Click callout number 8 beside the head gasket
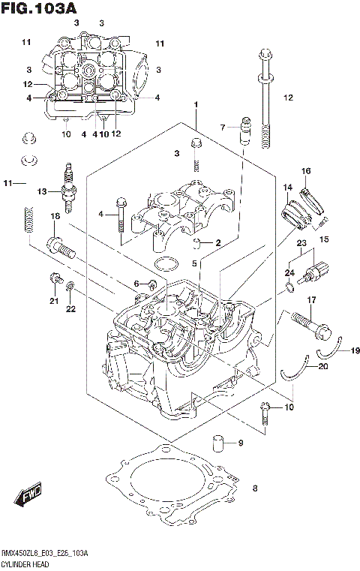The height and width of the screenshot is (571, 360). (x=255, y=490)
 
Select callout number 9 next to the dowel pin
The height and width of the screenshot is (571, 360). (x=241, y=443)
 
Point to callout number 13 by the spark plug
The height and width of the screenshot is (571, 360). (x=42, y=192)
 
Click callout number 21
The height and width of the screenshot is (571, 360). (x=53, y=302)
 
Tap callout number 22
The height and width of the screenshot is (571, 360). (x=71, y=308)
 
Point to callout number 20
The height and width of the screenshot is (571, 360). (x=323, y=367)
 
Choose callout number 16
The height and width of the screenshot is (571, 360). (x=306, y=172)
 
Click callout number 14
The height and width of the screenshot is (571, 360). (x=286, y=188)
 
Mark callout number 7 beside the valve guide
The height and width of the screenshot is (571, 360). (x=223, y=127)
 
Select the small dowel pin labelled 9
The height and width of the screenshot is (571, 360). (x=218, y=443)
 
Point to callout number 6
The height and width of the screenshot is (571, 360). (x=137, y=282)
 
